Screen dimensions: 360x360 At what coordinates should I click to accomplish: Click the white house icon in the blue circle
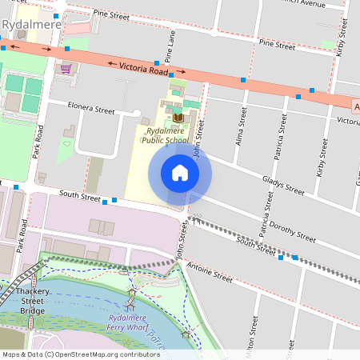(x=180, y=173)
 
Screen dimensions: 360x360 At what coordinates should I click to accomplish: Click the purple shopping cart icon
(x=66, y=69)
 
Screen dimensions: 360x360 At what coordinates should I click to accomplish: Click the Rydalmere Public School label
(x=166, y=135)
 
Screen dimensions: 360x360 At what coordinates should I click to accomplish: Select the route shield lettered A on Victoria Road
(x=356, y=106)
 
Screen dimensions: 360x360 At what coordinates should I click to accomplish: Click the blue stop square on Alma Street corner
(x=242, y=81)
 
